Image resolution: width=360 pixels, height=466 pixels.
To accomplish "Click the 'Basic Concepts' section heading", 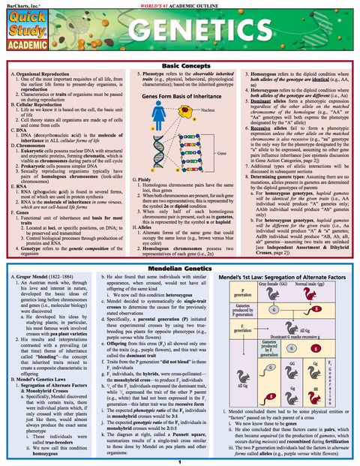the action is [x=179, y=67].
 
